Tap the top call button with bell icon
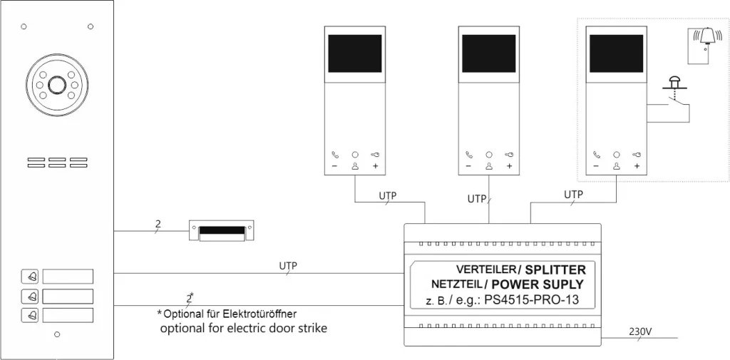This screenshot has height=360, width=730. click(x=31, y=276)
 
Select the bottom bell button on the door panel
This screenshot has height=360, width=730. click(x=31, y=314)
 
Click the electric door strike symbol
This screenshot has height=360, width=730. click(x=222, y=230)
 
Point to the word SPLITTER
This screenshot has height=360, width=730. click(x=555, y=269)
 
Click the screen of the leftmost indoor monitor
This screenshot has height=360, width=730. click(x=354, y=54)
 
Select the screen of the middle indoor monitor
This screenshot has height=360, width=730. click(x=489, y=54)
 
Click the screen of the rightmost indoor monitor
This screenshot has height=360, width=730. click(x=615, y=54)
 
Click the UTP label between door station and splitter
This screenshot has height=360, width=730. click(x=287, y=266)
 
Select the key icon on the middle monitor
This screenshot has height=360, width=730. click(x=509, y=154)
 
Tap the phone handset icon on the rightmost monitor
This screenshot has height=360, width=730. click(x=595, y=154)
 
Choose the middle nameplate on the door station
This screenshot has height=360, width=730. click(x=68, y=295)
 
